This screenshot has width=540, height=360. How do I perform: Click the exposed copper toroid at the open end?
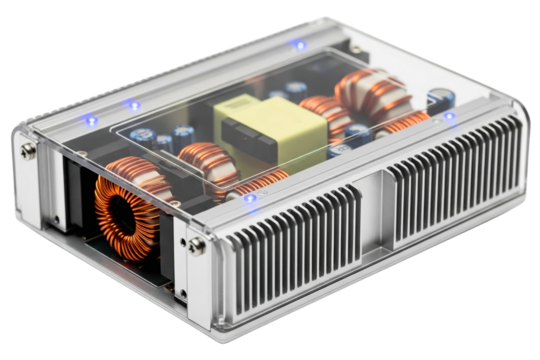click(x=127, y=210)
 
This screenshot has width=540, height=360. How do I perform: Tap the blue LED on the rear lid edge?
click(x=297, y=44)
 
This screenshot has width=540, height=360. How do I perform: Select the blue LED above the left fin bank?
click(x=249, y=197)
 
